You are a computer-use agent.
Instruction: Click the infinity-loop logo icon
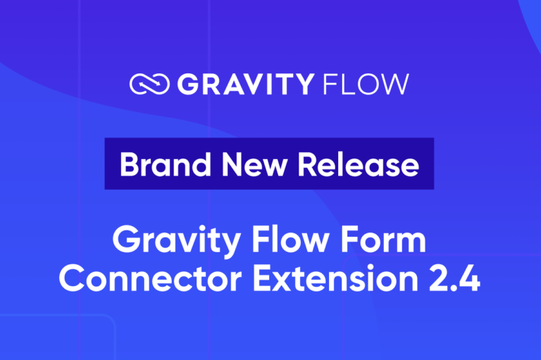pos(149,85)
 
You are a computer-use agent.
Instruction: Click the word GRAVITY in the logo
pos(244,85)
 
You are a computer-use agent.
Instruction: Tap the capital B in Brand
pos(128,164)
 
